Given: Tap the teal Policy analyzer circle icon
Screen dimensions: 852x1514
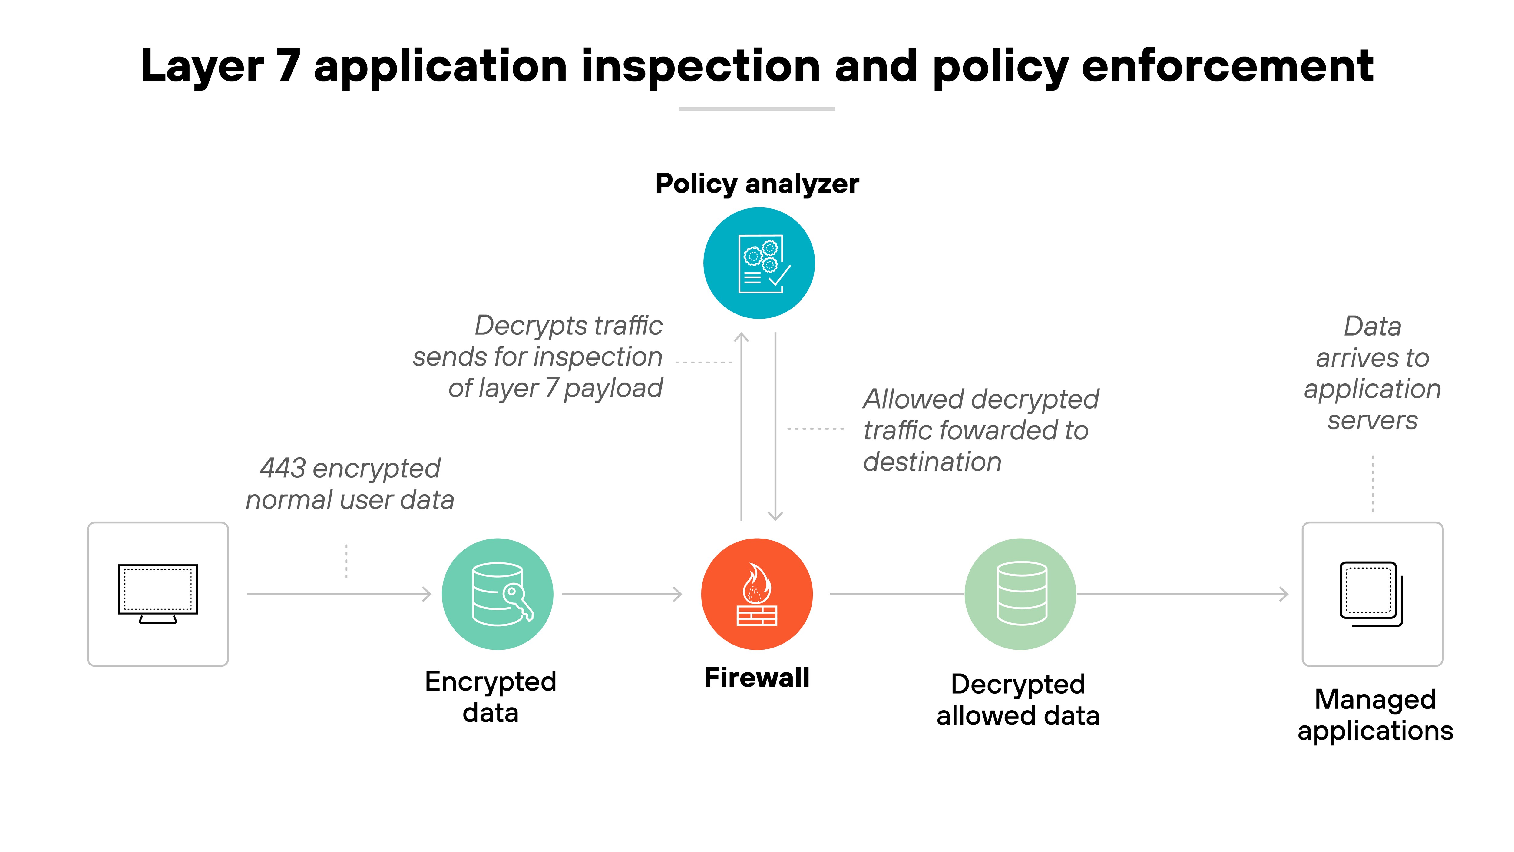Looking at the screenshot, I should pyautogui.click(x=759, y=263).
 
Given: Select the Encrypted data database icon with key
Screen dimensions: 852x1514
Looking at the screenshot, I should pyautogui.click(x=497, y=594).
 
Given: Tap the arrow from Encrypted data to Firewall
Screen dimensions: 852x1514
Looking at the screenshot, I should pyautogui.click(x=622, y=594).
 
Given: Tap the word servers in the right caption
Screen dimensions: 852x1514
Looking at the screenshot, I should pyautogui.click(x=1372, y=420).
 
